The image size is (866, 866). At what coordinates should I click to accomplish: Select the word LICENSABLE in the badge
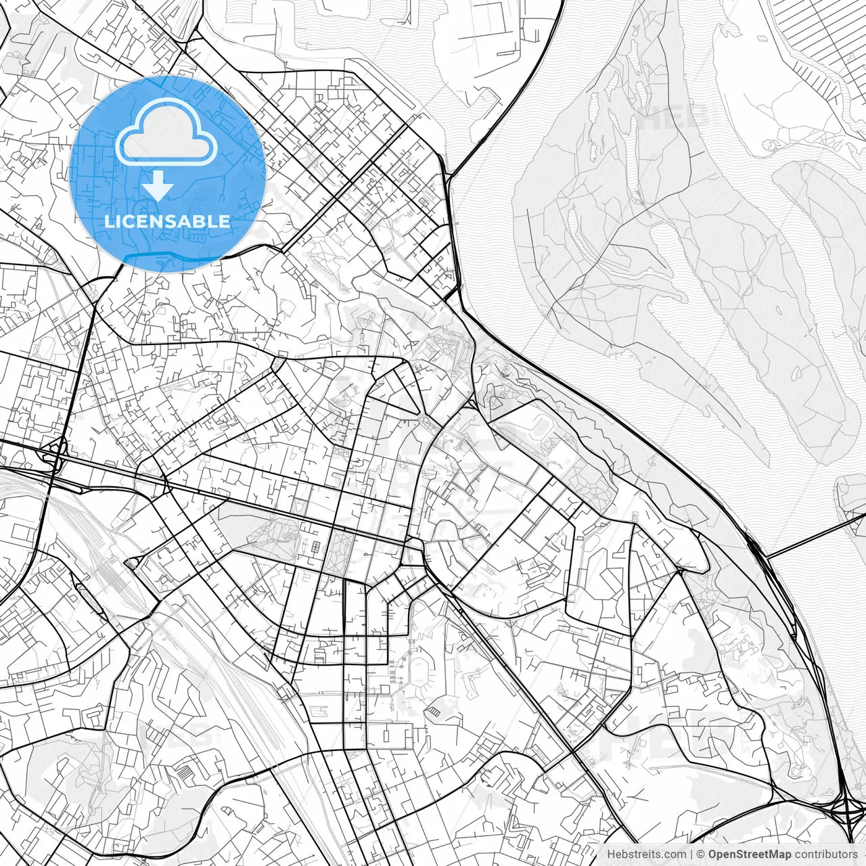tap(167, 221)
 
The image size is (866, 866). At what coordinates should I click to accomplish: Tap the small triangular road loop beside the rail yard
tap(133, 562)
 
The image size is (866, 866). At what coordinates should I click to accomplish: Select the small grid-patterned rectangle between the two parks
tap(315, 546)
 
